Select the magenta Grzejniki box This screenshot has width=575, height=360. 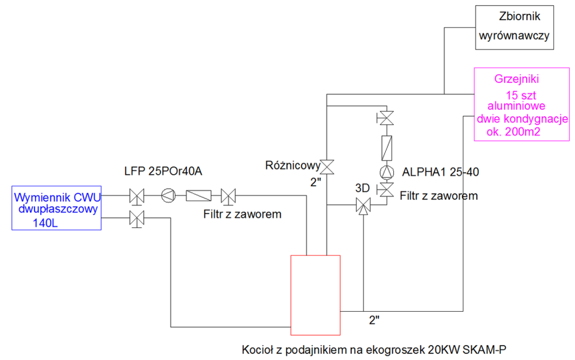point(521,105)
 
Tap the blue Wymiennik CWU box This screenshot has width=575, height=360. point(56,208)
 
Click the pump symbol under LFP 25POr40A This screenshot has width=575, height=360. point(167,196)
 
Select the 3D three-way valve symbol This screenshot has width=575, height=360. point(363,205)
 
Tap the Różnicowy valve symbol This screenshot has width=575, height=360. point(327,167)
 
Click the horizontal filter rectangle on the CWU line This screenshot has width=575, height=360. point(198,196)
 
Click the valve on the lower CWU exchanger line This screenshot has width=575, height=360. point(137,218)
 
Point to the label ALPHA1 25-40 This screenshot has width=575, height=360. point(440,171)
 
